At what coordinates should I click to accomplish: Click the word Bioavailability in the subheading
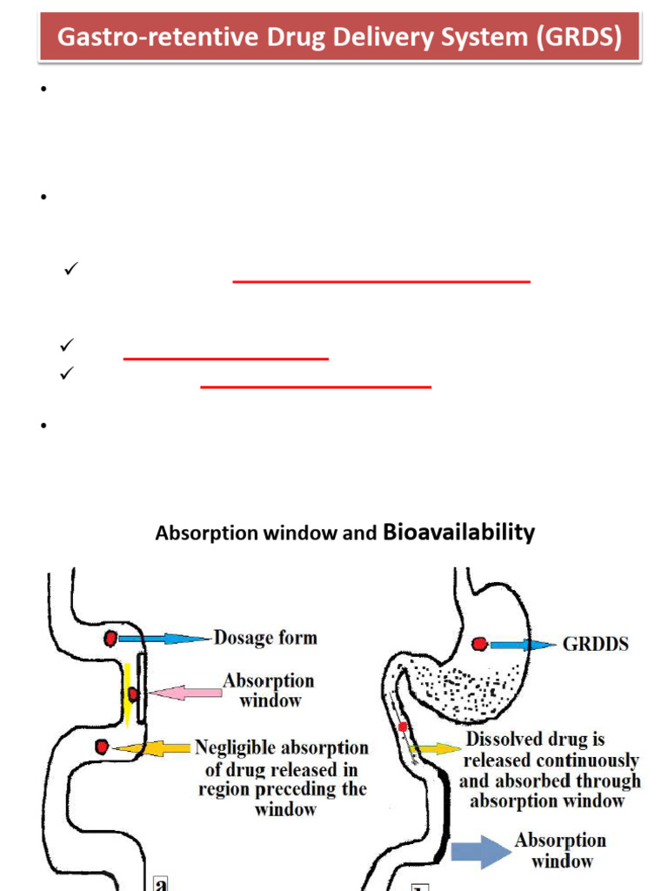[x=459, y=533]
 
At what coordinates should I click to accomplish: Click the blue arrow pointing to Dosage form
[x=165, y=638]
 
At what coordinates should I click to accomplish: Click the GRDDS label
[x=597, y=645]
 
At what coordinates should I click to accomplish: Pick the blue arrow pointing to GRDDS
[x=523, y=645]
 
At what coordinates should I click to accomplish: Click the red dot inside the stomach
[x=478, y=644]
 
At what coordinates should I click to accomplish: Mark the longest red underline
[x=382, y=282]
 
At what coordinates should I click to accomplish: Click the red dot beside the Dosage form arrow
[x=110, y=639]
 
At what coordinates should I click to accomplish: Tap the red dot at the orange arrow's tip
[x=103, y=747]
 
